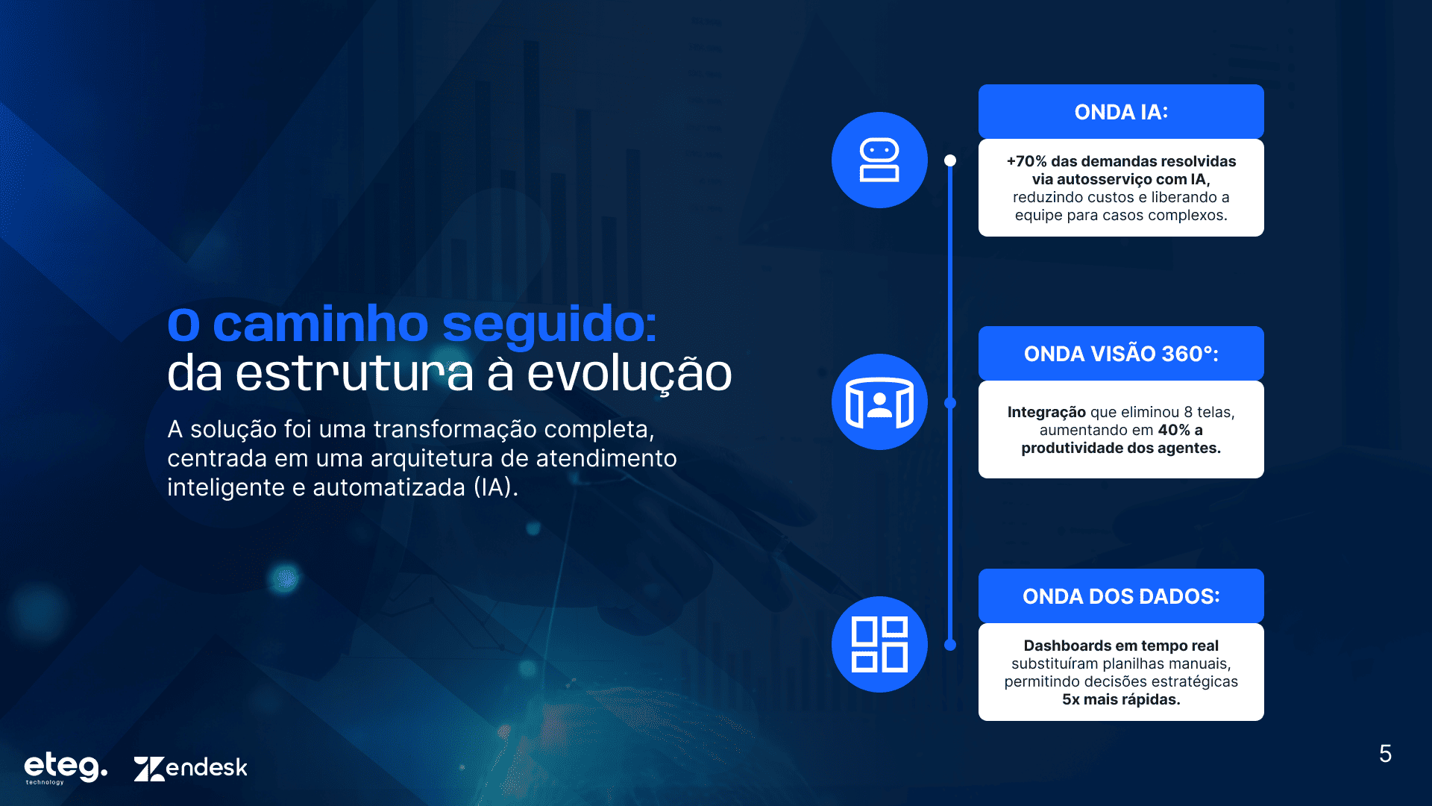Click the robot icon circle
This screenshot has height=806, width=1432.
click(879, 160)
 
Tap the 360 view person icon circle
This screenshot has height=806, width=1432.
click(879, 402)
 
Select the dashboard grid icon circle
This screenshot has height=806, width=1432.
click(879, 644)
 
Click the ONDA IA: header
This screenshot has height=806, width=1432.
click(1121, 111)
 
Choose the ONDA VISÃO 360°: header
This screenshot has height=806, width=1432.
click(1121, 353)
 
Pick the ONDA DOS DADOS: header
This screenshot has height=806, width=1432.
click(1121, 596)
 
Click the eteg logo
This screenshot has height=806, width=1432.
click(66, 767)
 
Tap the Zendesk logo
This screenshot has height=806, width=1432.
click(190, 768)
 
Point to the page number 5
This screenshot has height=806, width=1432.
click(1385, 754)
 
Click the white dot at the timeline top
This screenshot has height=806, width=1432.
click(950, 160)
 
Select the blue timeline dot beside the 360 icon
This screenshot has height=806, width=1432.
click(950, 403)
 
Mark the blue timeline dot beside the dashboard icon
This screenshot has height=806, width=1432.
click(950, 645)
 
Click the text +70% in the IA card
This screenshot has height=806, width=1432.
click(1026, 161)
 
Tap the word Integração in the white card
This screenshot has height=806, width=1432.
click(1046, 412)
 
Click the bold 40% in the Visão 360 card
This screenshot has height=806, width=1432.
click(1174, 430)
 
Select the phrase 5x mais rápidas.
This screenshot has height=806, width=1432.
click(1121, 699)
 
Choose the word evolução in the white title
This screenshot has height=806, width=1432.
click(629, 375)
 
